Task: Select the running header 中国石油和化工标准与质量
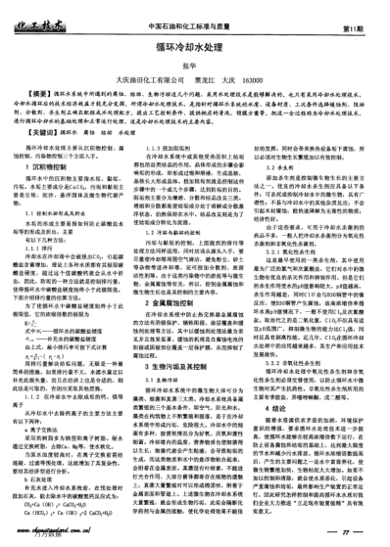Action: [x=194, y=14]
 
